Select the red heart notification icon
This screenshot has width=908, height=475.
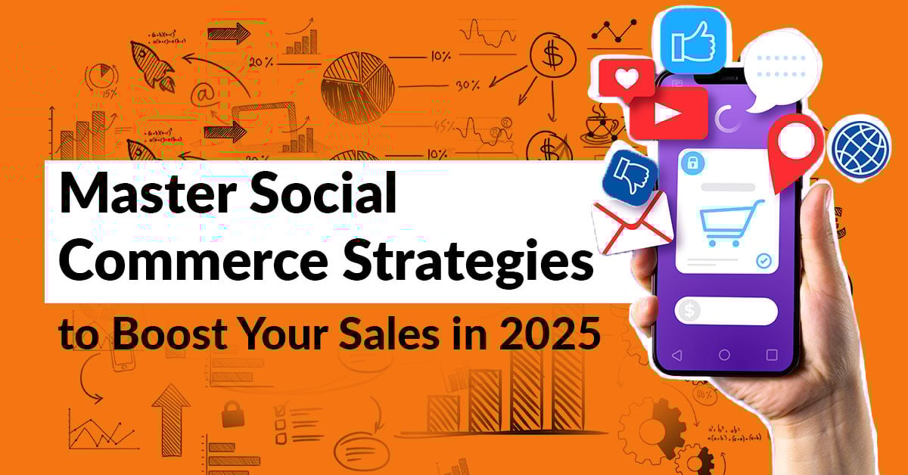625,78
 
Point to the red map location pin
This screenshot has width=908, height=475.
794,147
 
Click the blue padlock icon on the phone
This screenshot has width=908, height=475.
689,162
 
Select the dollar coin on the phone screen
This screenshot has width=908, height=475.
689,311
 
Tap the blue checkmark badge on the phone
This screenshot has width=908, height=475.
763,261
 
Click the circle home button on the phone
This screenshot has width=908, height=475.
724,355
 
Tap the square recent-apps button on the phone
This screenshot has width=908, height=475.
771,355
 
